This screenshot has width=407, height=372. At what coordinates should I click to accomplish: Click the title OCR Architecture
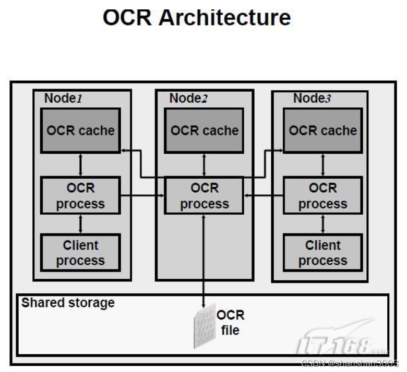point(197,18)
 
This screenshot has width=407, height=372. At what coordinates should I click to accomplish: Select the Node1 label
point(63,98)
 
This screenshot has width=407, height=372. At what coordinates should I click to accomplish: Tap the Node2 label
point(188,98)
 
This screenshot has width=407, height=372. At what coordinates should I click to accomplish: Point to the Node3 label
point(312,98)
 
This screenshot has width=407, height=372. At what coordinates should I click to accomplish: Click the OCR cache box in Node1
point(80,130)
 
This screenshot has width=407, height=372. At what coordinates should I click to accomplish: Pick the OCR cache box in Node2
point(204,130)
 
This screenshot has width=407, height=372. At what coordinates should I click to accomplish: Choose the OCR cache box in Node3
point(322,130)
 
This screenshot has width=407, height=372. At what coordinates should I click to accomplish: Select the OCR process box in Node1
point(80,196)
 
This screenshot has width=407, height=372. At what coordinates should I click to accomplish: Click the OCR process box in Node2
point(204,196)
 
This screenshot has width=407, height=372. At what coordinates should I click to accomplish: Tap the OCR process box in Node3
point(322,196)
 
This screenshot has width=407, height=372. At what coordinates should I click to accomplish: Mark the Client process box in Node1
point(80,253)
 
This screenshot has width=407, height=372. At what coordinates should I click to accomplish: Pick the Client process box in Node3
point(322,253)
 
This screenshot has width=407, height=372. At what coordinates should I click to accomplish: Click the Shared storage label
point(68,303)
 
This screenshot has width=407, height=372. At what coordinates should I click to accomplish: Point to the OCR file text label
point(230,323)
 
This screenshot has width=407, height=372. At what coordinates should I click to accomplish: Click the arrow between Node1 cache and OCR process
point(80,165)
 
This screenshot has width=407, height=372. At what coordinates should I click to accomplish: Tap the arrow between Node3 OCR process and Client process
point(322,224)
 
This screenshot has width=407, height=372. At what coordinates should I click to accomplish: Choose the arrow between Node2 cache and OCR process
point(204,165)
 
